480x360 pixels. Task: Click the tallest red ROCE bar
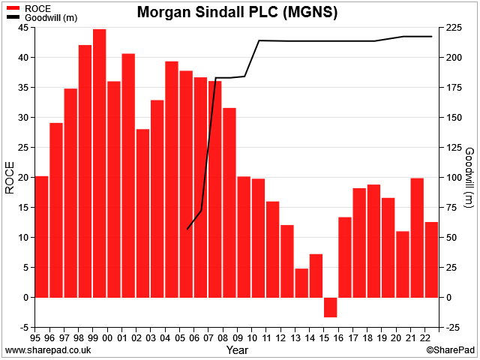100,163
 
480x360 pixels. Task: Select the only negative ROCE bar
330,307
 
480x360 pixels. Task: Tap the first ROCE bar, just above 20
42,237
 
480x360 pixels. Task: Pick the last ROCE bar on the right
431,259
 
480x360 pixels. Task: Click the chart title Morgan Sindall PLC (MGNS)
237,12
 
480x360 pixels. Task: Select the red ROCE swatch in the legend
13,8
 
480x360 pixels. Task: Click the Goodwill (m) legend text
51,18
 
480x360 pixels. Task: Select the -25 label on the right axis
451,328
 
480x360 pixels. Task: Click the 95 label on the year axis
35,338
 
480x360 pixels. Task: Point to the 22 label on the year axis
424,338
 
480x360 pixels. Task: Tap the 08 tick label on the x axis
223,338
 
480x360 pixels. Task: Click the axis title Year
237,350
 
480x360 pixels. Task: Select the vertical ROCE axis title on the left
10,178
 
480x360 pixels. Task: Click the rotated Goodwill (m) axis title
469,178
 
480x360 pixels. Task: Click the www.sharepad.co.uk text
48,350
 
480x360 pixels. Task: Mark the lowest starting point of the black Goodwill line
187,229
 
